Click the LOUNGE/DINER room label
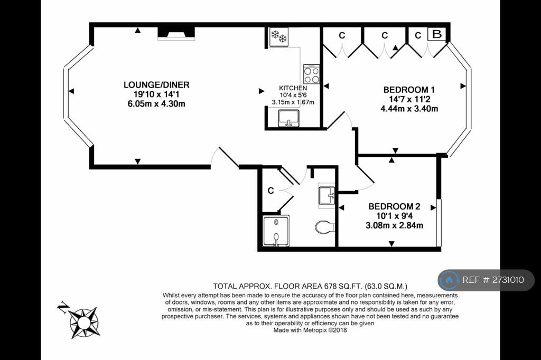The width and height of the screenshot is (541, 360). (x=156, y=84)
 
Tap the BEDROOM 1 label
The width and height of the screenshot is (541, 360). (x=409, y=90)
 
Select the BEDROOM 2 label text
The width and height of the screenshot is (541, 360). (x=394, y=206)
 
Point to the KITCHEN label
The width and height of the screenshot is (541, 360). (x=293, y=88)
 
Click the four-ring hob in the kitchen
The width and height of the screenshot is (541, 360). (x=312, y=74)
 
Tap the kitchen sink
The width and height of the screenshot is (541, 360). (x=289, y=118)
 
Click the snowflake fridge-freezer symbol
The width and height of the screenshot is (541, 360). (x=279, y=36)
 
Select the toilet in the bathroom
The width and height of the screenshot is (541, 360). (x=325, y=227)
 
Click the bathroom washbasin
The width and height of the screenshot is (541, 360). (x=327, y=195)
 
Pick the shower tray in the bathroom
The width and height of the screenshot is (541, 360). (x=276, y=231)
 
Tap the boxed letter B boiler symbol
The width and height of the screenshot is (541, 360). (x=436, y=34)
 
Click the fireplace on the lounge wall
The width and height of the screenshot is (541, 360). (x=176, y=34)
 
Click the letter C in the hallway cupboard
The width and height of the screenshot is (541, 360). (x=270, y=191)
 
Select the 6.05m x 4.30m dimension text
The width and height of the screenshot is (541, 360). (x=156, y=103)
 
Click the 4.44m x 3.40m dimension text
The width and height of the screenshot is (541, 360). (x=409, y=109)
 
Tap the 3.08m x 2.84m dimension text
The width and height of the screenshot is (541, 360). (x=394, y=225)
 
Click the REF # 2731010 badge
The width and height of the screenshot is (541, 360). (x=486, y=280)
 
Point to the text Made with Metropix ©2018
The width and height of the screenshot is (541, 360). (x=310, y=330)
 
